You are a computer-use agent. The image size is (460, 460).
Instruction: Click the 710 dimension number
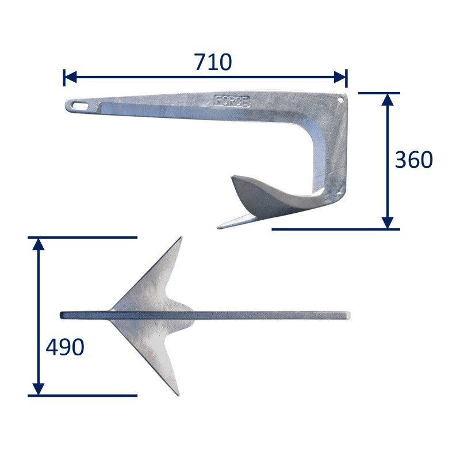213,62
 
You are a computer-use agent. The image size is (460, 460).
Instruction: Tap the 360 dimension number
414,160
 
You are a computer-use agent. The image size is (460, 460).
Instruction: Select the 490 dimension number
65,347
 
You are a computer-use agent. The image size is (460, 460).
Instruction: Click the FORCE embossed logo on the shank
232,101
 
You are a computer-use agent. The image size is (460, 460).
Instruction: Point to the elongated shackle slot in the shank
80,106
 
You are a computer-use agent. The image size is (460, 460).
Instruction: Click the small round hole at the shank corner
340,99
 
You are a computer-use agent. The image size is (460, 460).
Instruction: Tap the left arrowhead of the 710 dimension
70,77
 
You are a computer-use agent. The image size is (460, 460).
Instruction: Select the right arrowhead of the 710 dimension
340,77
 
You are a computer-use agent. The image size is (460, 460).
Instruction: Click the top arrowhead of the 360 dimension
388,99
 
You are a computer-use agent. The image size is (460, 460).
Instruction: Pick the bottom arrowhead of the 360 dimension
388,223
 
